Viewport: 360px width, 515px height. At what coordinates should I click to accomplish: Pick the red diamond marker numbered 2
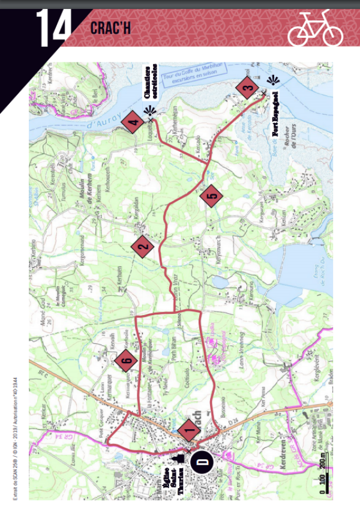143,245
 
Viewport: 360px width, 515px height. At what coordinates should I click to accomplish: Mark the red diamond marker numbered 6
126,360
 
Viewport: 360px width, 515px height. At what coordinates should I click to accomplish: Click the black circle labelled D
202,463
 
